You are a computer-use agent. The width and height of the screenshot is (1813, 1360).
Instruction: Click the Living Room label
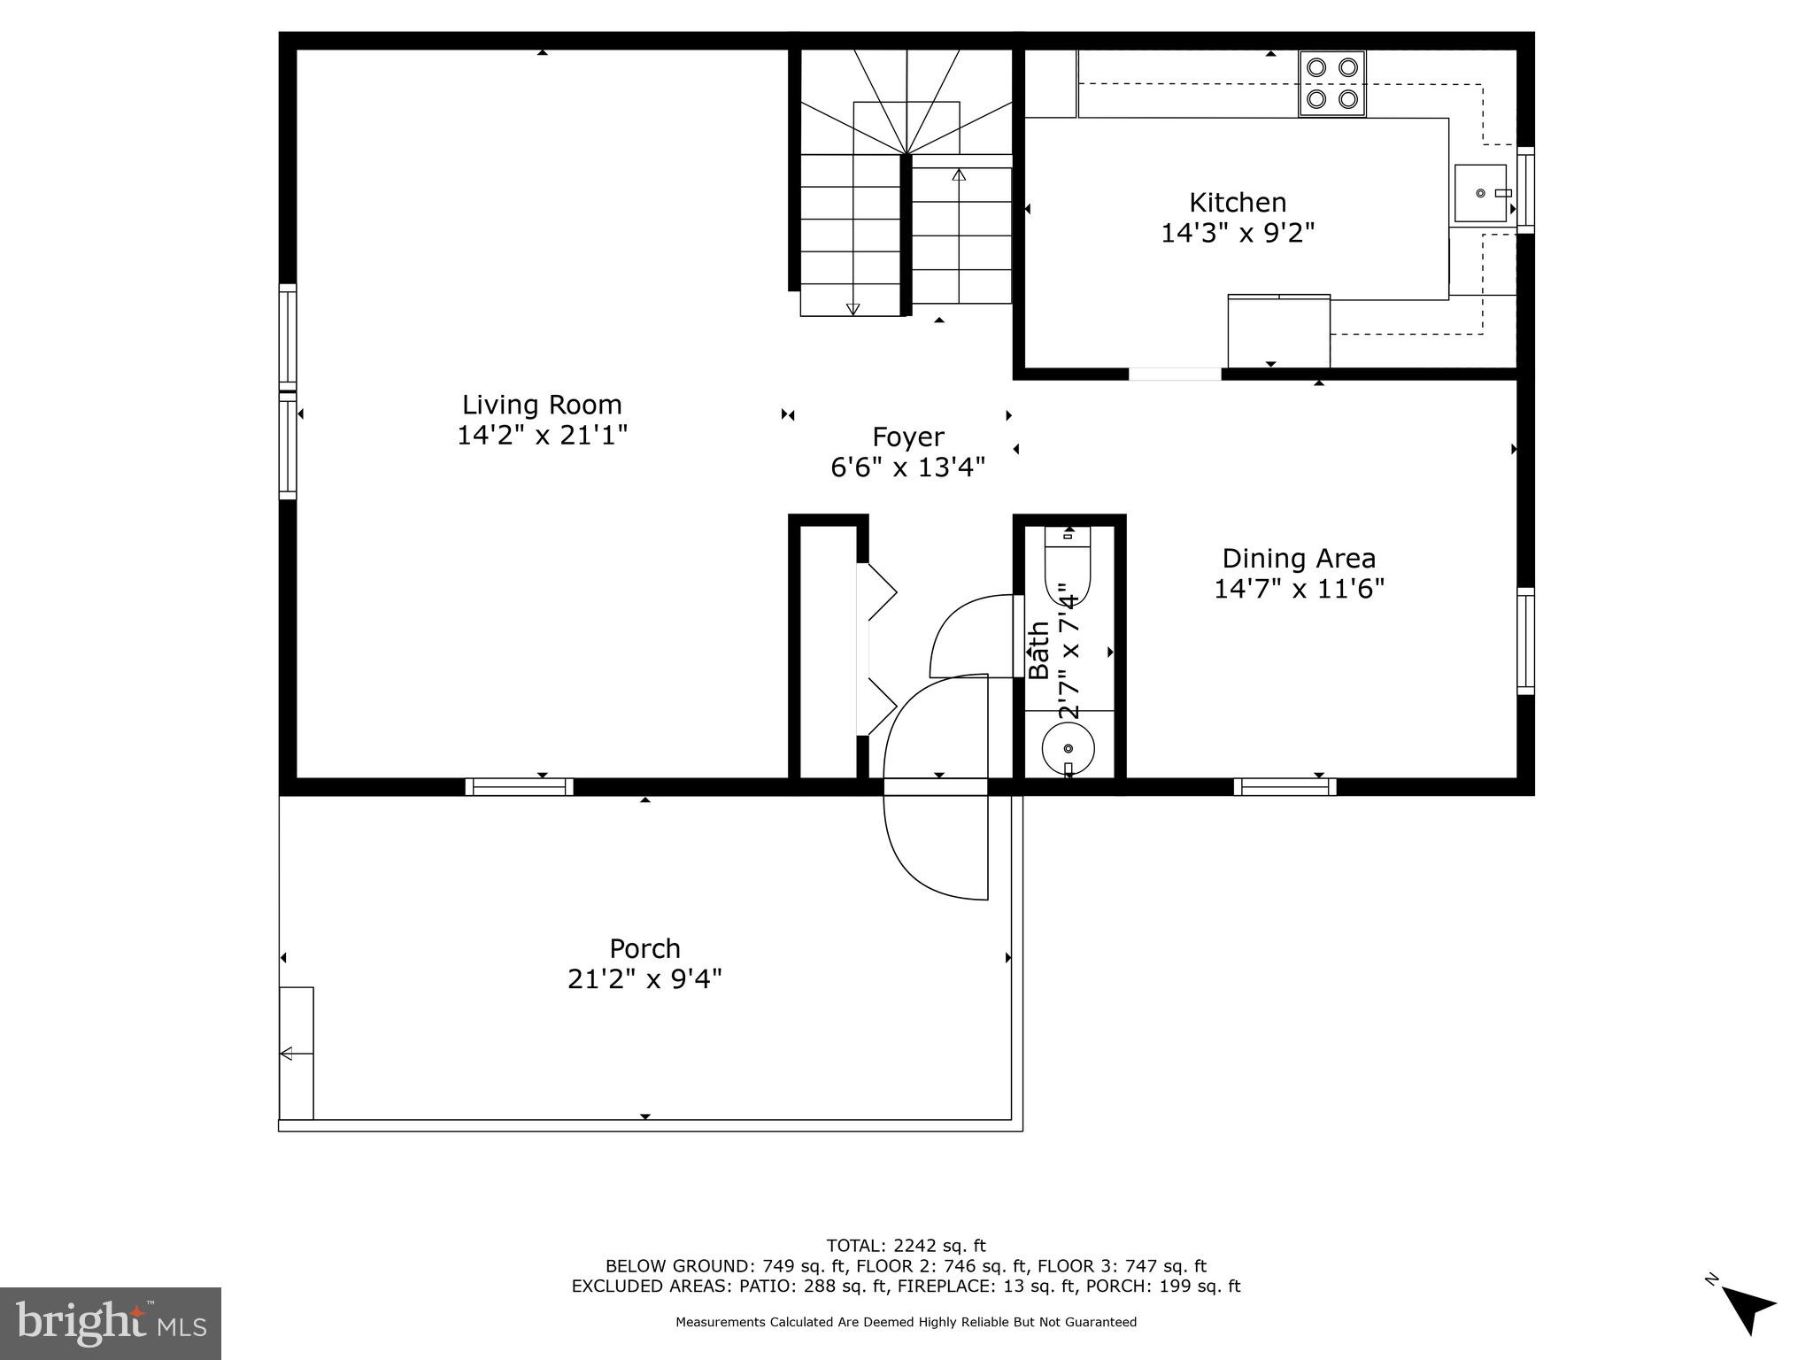pos(542,405)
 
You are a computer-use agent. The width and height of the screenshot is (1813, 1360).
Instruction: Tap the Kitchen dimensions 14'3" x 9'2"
pos(1237,233)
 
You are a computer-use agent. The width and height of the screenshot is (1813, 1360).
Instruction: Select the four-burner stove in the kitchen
pos(1331,83)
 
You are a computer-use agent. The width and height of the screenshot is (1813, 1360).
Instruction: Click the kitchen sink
pos(1481,193)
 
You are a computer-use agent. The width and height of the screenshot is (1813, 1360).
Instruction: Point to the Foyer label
pos(907,437)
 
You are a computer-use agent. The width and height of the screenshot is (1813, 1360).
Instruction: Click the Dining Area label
pos(1298,558)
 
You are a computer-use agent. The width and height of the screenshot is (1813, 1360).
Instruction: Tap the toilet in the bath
pos(1068,564)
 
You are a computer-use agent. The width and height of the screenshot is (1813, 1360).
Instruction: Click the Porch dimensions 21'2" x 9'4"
pos(644,979)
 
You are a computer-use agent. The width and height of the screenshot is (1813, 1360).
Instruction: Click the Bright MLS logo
pos(111,1324)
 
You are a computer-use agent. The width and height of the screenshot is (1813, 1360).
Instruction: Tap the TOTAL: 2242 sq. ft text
pos(906,1246)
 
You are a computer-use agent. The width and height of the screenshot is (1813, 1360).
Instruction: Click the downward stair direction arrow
pos(852,308)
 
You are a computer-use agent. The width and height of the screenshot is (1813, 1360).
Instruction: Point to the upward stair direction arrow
pos(959,175)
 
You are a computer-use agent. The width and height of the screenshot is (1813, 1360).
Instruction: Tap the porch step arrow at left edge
pos(288,1054)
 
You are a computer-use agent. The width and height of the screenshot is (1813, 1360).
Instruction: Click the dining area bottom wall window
pos(1285,786)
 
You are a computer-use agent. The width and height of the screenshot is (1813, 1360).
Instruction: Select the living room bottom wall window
pos(520,786)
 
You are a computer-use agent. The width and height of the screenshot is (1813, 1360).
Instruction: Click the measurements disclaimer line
pos(906,1322)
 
